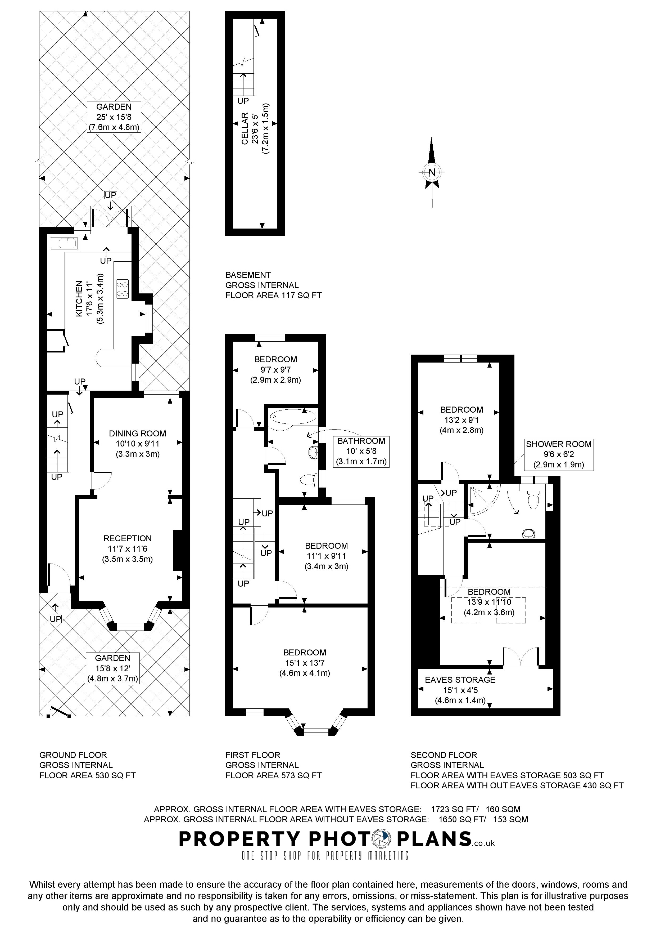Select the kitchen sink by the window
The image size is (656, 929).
65,243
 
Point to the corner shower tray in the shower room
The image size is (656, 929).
482,500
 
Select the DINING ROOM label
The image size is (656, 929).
137,433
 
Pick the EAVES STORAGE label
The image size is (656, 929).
460,680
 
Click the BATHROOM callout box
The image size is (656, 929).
361,451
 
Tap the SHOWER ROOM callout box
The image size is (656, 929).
559,454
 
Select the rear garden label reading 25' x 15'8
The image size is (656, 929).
114,117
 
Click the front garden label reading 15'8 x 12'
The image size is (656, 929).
113,668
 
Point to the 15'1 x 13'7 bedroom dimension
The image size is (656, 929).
304,663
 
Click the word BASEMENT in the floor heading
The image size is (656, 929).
248,275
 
